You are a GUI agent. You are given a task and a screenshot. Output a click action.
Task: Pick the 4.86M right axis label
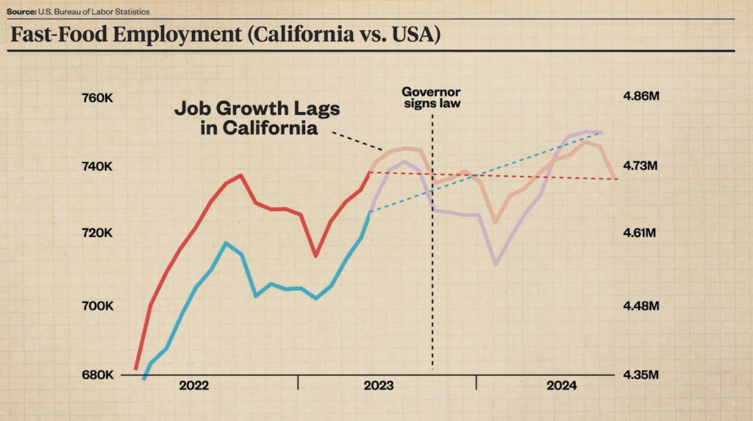click(x=643, y=97)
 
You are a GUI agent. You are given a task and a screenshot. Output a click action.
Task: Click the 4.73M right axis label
click(x=643, y=167)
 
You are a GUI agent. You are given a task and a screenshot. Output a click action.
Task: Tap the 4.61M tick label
click(x=643, y=233)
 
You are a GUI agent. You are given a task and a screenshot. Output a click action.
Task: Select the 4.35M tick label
click(x=643, y=375)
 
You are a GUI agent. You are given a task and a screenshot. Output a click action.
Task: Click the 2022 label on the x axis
click(x=193, y=386)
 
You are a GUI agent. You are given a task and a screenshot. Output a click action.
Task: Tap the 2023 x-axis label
click(x=378, y=386)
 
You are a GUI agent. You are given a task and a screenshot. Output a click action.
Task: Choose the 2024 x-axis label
click(x=561, y=386)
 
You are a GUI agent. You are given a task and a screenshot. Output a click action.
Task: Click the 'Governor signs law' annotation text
click(x=431, y=98)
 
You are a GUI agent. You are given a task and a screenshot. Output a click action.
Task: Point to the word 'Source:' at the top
click(x=21, y=12)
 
